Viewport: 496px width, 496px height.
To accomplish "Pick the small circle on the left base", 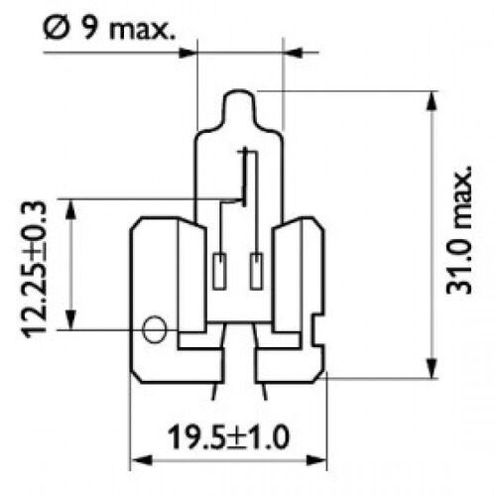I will [x=155, y=330].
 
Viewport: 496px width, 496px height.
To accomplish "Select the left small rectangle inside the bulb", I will [x=220, y=267].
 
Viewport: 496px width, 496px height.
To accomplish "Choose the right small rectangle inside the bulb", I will [x=258, y=267].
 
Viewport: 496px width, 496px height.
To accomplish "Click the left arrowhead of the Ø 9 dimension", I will [x=190, y=45].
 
